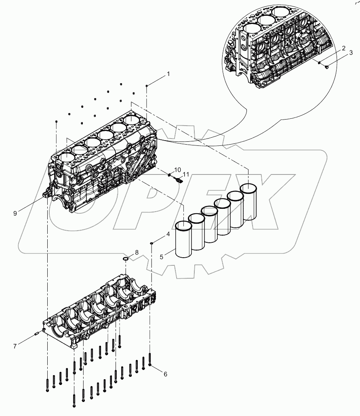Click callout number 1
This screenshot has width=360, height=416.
point(168,74)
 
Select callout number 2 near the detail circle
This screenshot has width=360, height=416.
point(343,48)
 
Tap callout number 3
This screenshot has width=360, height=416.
point(351,53)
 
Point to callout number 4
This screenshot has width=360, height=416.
point(168,234)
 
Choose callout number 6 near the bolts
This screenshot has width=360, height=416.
point(165,374)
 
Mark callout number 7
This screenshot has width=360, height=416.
point(15,346)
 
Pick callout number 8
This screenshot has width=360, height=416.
point(137,252)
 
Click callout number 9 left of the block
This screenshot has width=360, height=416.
point(15,213)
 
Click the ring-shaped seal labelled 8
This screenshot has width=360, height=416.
point(126,258)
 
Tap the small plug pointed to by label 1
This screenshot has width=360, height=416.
point(147,86)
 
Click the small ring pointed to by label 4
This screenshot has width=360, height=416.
point(151,243)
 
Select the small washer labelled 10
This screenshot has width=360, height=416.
point(170,174)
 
